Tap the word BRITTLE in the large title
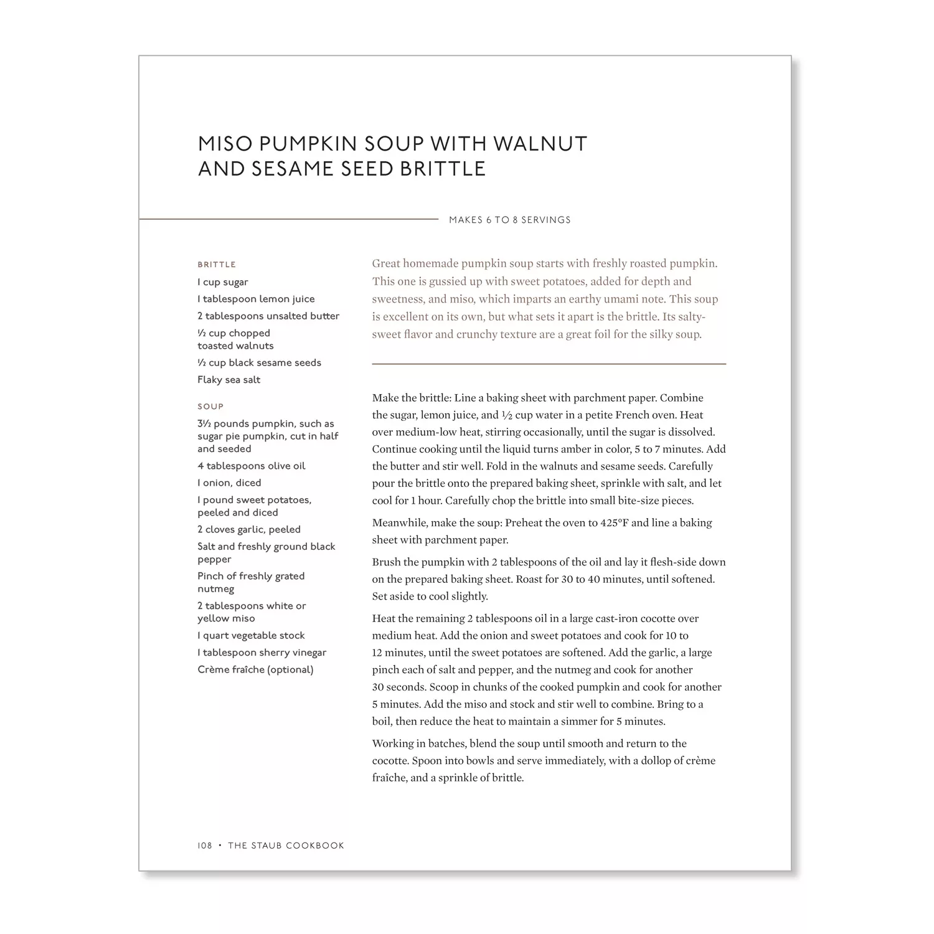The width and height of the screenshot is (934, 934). pyautogui.click(x=442, y=169)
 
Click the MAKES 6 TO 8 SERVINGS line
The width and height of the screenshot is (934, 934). pyautogui.click(x=509, y=220)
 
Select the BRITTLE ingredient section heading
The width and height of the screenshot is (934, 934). pyautogui.click(x=217, y=265)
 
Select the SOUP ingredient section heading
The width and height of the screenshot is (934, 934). pyautogui.click(x=210, y=407)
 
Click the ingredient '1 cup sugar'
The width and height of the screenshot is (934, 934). pyautogui.click(x=223, y=282)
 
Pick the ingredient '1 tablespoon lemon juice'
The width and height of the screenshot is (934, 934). pyautogui.click(x=256, y=299)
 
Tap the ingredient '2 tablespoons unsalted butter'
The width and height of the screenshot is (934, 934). pyautogui.click(x=268, y=316)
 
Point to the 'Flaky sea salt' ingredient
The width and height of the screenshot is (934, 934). pyautogui.click(x=229, y=380)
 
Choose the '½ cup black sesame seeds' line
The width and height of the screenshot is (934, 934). pyautogui.click(x=259, y=363)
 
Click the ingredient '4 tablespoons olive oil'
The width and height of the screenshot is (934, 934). pyautogui.click(x=252, y=466)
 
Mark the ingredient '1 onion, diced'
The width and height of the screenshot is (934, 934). pyautogui.click(x=229, y=483)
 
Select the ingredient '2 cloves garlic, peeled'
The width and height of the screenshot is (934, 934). pyautogui.click(x=249, y=530)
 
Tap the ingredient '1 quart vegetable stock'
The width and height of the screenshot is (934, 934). pyautogui.click(x=251, y=636)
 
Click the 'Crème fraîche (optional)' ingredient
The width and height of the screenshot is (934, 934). pyautogui.click(x=255, y=670)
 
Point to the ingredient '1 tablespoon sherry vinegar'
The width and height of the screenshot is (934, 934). pyautogui.click(x=262, y=653)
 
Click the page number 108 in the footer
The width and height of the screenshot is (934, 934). pyautogui.click(x=205, y=846)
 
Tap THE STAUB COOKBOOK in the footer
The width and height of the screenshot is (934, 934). pyautogui.click(x=286, y=846)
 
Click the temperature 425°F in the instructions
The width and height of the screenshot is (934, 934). pyautogui.click(x=614, y=523)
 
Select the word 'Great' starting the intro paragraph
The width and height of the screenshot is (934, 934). pyautogui.click(x=386, y=264)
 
